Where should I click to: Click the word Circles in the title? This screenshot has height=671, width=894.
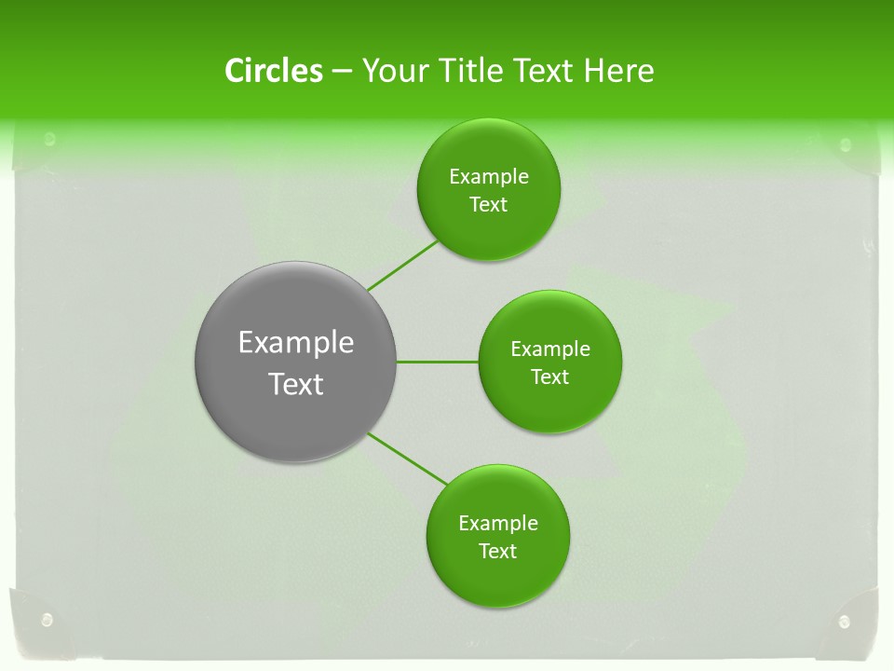[x=274, y=71]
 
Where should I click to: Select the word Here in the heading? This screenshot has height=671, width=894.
[x=618, y=71]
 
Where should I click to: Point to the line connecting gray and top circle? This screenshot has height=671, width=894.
[x=402, y=266]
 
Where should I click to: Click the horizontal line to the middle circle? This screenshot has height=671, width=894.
[x=438, y=362]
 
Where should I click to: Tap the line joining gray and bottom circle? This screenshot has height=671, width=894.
[x=408, y=459]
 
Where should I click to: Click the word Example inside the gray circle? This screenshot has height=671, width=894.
[x=296, y=343]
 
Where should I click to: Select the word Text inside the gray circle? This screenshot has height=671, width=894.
[x=296, y=384]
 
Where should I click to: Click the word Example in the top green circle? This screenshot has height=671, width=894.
[x=489, y=177]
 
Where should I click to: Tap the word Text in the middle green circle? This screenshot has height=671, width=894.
[x=549, y=377]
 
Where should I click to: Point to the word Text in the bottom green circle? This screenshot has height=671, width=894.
[x=497, y=552]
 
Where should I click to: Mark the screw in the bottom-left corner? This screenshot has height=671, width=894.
[x=47, y=619]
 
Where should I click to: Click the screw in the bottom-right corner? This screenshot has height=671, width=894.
[x=845, y=622]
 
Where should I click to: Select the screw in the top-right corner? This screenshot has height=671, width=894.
[x=846, y=144]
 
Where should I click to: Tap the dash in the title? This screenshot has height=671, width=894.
[x=342, y=71]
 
